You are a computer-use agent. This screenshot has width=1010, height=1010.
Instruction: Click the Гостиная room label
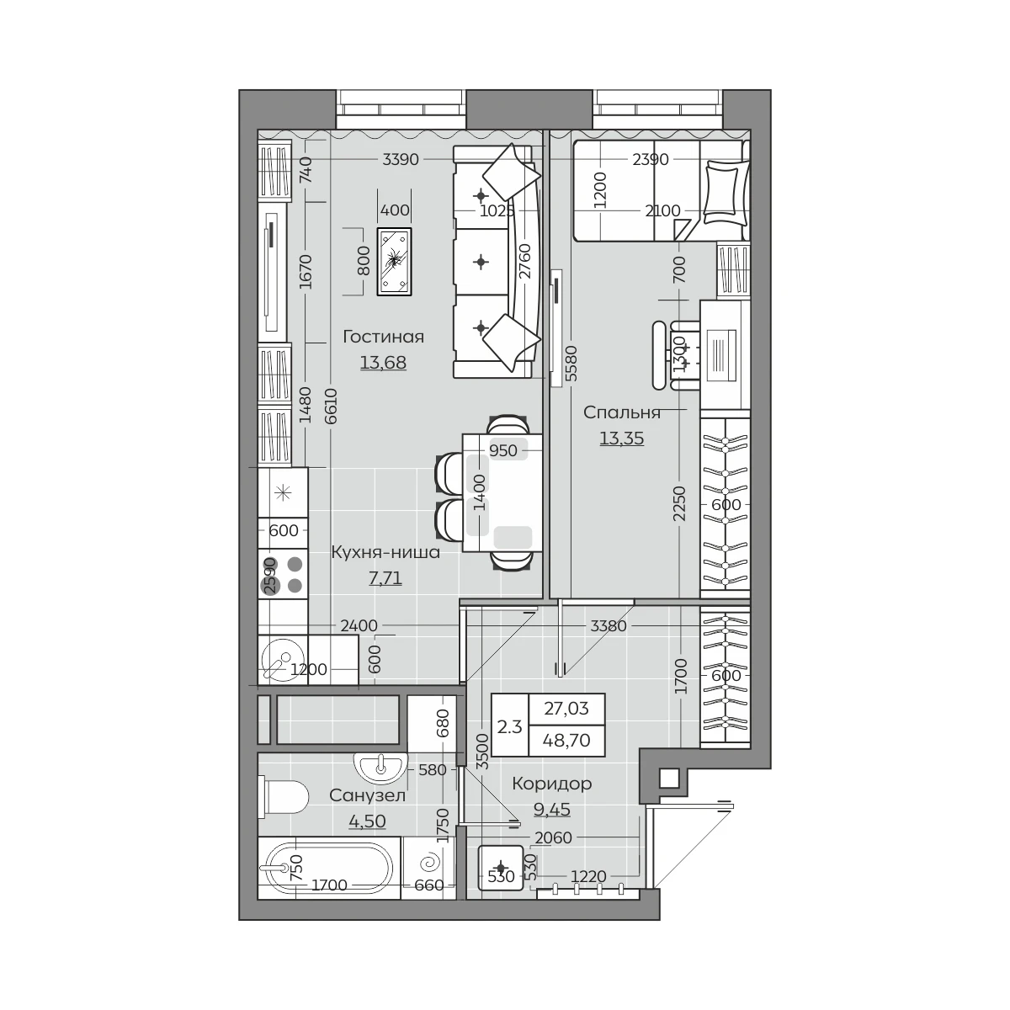pyautogui.click(x=383, y=337)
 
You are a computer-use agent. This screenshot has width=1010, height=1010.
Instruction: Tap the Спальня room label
pyautogui.click(x=622, y=412)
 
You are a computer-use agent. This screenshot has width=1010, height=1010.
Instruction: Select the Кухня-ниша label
pyautogui.click(x=385, y=552)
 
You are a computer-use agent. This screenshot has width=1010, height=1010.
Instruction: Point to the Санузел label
pyautogui.click(x=368, y=795)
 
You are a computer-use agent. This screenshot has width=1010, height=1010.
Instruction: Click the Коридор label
pyautogui.click(x=552, y=784)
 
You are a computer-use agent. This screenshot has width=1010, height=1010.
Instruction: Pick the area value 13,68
pyautogui.click(x=383, y=362)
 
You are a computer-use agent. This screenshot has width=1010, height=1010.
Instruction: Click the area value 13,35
pyautogui.click(x=622, y=438)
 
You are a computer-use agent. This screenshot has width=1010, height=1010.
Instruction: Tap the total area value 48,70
pyautogui.click(x=567, y=740)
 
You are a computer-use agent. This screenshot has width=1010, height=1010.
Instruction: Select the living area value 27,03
pyautogui.click(x=566, y=708)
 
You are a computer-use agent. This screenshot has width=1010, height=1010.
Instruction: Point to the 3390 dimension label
pyautogui.click(x=401, y=159)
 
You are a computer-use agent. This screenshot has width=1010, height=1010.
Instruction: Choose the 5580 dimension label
pyautogui.click(x=571, y=364)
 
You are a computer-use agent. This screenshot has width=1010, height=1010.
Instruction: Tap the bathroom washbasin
pyautogui.click(x=381, y=768)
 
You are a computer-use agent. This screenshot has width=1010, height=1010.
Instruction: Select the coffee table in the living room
pyautogui.click(x=394, y=262)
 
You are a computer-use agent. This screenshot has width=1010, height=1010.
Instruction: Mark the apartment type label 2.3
pyautogui.click(x=509, y=727)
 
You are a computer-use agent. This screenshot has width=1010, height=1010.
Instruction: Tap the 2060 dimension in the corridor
pyautogui.click(x=554, y=838)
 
